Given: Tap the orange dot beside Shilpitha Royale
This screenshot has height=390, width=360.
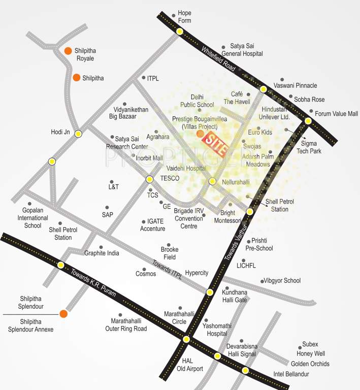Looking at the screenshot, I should [68, 51].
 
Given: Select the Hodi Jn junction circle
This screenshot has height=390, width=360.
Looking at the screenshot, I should [78, 134].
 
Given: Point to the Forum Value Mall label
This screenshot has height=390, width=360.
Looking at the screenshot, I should [336, 114].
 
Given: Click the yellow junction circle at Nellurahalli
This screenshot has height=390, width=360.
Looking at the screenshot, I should [212, 181].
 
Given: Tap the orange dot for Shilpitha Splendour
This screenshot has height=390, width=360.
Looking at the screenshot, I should [63, 314].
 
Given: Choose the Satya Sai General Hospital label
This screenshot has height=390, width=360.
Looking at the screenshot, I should [246, 50].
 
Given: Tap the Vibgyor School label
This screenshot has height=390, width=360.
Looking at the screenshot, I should [282, 280].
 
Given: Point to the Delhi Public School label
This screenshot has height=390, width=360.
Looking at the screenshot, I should [198, 101].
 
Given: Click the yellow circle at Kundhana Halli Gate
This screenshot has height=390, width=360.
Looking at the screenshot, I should [210, 292].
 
